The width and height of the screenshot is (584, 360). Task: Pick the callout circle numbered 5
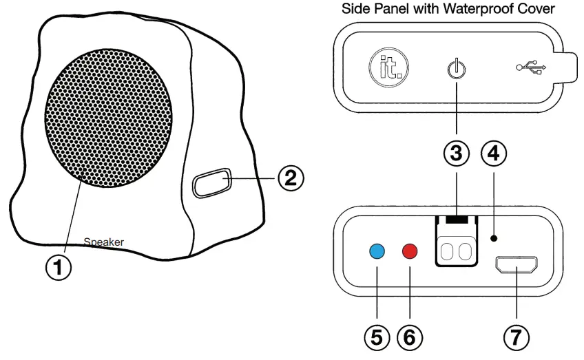(377, 337)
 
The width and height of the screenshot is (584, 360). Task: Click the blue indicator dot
(377, 251)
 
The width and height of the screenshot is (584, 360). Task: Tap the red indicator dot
(410, 251)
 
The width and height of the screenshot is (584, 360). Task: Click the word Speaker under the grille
(103, 242)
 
